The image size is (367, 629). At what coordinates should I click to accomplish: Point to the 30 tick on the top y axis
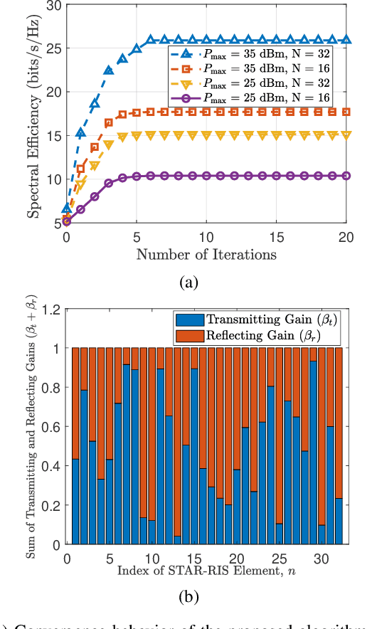[x=54, y=6]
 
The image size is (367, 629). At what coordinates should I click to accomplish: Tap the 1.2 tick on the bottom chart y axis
[x=50, y=310]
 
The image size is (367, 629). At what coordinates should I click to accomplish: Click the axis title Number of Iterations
[x=206, y=253]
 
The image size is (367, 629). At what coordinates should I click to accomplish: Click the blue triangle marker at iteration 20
[x=346, y=41]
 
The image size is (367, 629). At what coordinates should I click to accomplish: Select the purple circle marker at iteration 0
[x=67, y=221]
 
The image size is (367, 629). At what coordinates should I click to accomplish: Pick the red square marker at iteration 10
[x=206, y=112]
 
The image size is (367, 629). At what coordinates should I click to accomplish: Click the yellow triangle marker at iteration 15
[x=276, y=134]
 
